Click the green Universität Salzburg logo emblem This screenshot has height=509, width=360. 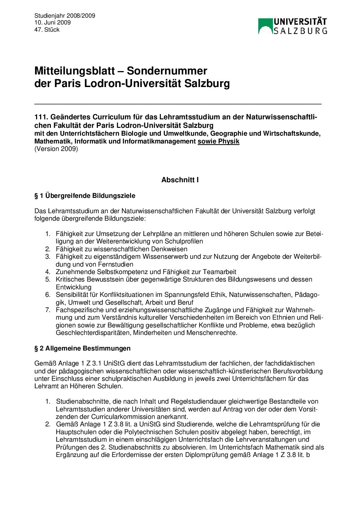point(265,26)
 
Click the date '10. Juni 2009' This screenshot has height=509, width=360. point(52,22)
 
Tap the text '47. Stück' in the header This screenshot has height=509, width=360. point(47,30)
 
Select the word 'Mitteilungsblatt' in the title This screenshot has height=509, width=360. point(75,71)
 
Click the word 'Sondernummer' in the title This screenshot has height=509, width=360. point(167,71)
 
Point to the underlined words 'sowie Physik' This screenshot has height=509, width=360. point(218,141)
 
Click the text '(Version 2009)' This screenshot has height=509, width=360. point(56,149)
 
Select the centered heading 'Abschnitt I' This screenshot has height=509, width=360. point(180,180)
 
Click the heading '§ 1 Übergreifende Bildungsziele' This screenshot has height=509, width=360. point(85,196)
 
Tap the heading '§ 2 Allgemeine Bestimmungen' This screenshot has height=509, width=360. point(82,349)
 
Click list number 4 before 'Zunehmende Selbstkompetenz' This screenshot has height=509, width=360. point(48,272)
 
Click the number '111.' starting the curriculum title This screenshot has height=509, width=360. point(41,117)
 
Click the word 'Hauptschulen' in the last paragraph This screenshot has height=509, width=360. point(74,432)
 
